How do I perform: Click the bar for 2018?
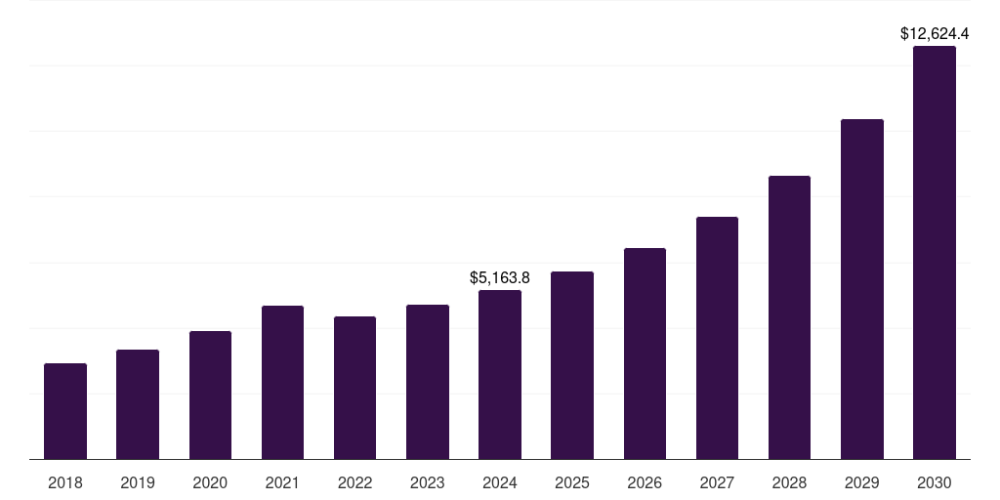65,411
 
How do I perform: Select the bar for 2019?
138,404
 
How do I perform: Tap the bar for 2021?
282,382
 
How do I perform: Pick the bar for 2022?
354,388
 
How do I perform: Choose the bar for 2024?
500,374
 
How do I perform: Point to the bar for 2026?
645,354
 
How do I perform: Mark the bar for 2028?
789,317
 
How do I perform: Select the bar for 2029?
862,289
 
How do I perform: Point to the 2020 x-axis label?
210,482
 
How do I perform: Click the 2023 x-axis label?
428,482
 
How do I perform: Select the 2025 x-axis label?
572,482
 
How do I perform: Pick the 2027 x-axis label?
717,482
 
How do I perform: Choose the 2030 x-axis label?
935,482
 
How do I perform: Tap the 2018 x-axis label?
65,482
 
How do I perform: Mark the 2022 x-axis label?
354,482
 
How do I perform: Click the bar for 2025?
572,365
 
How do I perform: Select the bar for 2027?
717,338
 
